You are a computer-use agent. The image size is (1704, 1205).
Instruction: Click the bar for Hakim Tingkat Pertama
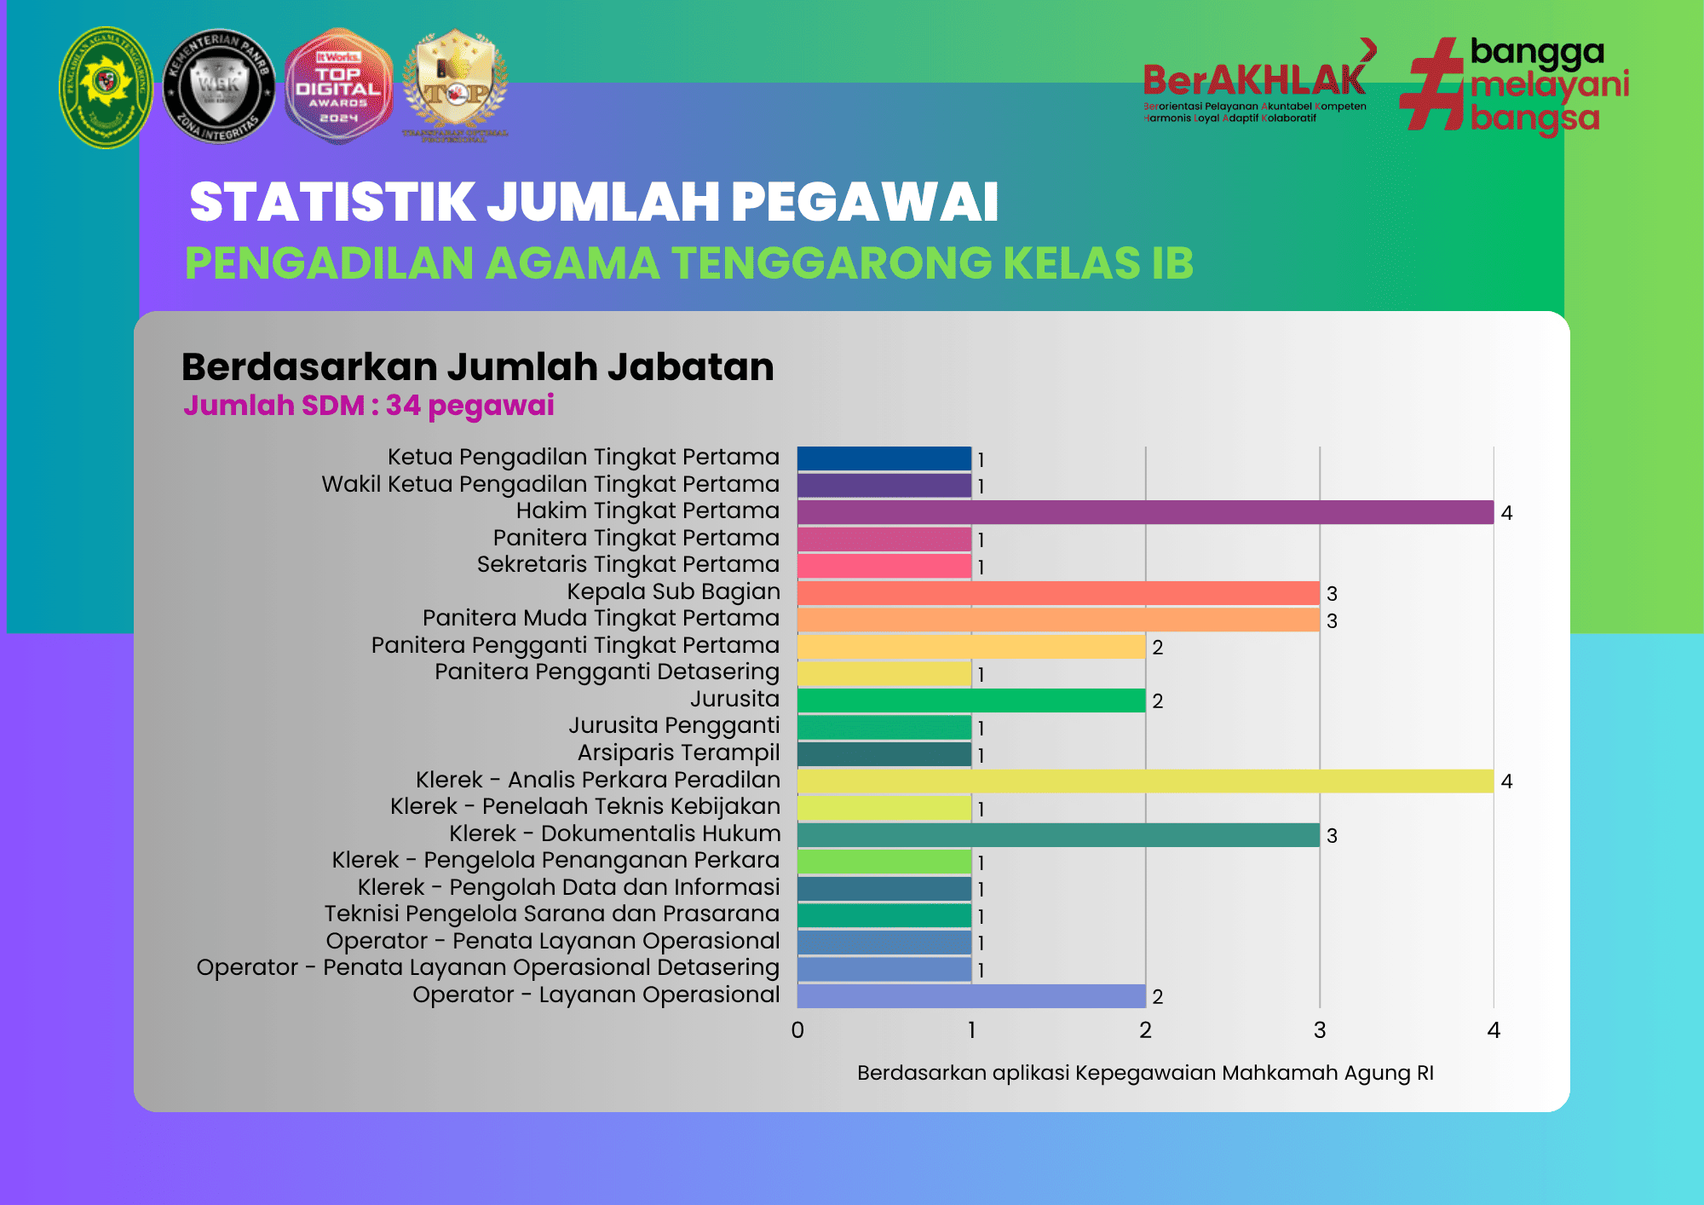click(1145, 512)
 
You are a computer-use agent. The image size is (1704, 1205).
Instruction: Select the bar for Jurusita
click(971, 701)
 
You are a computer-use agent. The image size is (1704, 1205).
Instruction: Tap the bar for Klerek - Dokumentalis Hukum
click(1058, 835)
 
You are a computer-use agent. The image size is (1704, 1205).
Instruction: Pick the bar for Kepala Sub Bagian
click(1058, 593)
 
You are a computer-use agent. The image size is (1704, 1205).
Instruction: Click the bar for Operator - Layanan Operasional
click(971, 996)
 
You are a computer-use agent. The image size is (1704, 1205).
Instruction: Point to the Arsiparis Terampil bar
click(884, 754)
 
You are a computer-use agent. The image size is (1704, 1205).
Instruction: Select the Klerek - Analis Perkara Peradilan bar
click(1145, 781)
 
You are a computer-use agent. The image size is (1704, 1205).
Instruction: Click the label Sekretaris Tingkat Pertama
click(628, 564)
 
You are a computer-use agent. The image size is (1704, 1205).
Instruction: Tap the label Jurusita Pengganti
click(674, 725)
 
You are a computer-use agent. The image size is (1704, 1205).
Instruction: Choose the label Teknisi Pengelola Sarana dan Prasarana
click(551, 914)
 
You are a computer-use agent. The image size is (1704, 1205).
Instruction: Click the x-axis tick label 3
click(1320, 1030)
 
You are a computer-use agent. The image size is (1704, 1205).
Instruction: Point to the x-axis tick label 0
click(797, 1030)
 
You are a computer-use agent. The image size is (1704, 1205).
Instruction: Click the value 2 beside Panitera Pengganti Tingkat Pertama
click(1157, 648)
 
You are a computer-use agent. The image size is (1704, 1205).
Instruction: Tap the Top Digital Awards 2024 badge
click(338, 87)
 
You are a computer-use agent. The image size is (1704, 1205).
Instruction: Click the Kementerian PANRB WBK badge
click(219, 87)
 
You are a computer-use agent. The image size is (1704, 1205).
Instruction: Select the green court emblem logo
click(106, 87)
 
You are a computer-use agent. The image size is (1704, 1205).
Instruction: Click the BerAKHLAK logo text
click(1254, 81)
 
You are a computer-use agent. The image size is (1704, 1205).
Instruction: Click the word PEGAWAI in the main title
click(864, 203)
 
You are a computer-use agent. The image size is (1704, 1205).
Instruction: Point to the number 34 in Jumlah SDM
click(403, 406)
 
